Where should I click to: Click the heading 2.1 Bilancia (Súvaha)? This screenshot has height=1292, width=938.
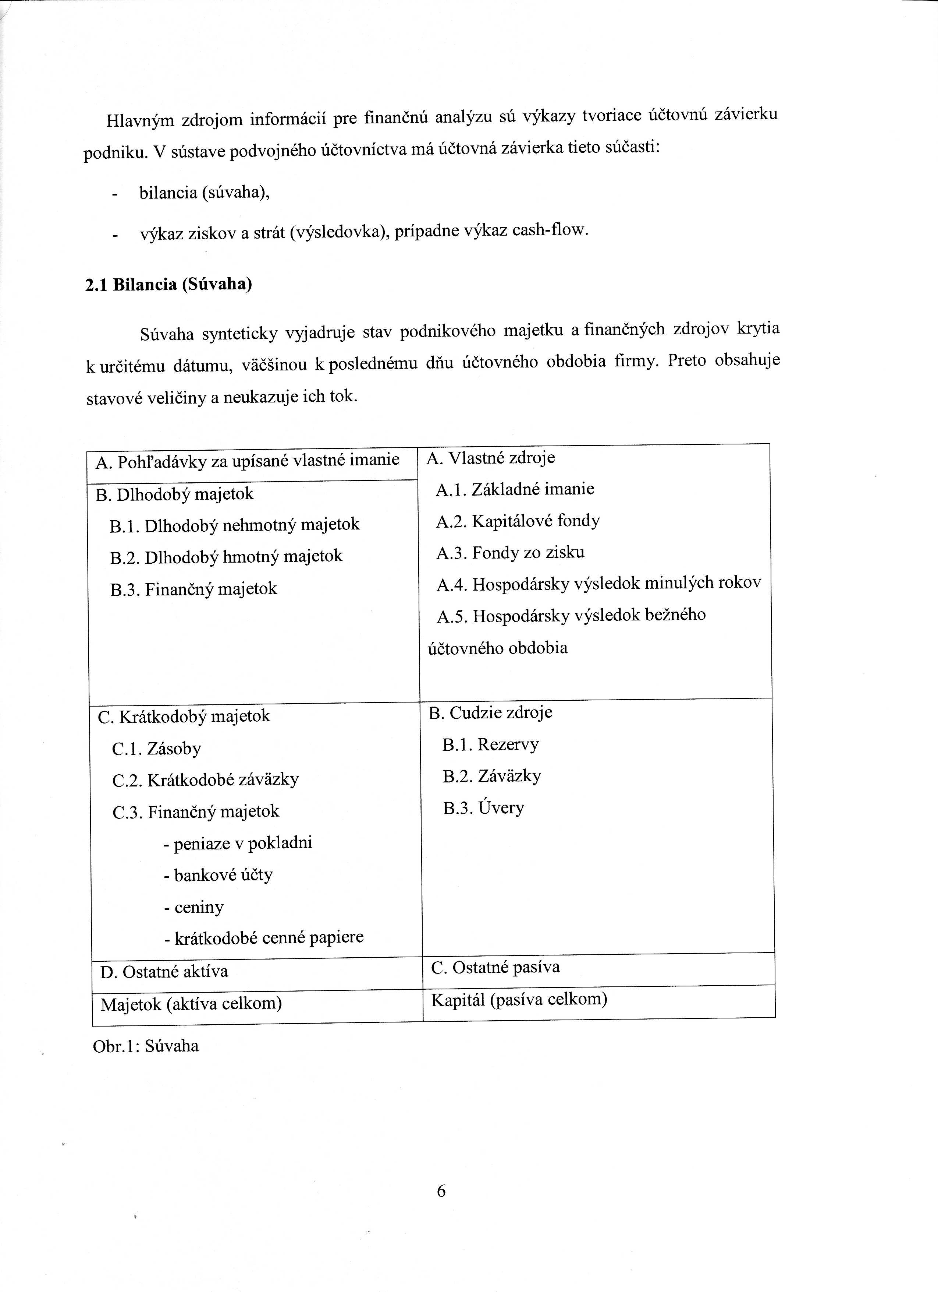pos(168,284)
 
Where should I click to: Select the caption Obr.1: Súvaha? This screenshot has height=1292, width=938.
pos(146,1046)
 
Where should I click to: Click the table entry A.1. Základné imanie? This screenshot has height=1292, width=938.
pos(515,489)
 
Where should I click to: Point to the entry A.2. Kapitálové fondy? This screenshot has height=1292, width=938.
pos(518,521)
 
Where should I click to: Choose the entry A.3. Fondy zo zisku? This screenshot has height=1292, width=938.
pos(511,553)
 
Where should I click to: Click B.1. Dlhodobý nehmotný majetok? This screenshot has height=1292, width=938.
pos(235,525)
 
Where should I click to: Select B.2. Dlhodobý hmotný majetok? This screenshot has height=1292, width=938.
pos(227,557)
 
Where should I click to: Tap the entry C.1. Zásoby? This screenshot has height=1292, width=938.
pos(157,749)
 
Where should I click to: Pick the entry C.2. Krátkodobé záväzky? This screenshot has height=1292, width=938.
pos(206,780)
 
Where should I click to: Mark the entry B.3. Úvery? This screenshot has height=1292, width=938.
pos(484,808)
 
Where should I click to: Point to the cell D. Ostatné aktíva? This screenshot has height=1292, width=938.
pos(164,972)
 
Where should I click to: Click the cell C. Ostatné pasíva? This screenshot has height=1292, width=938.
pos(495,967)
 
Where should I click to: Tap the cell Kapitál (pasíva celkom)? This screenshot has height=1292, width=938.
pos(519,1000)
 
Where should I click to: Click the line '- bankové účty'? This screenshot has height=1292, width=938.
pos(218,875)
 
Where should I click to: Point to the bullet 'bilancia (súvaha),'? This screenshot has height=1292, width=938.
pos(204,193)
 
